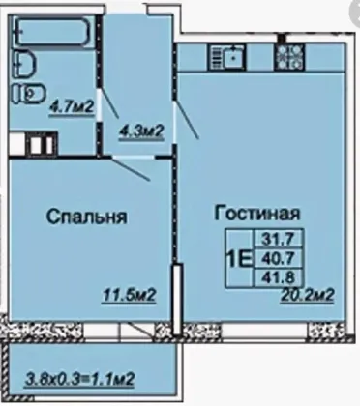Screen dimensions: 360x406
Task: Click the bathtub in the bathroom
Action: (x=54, y=32)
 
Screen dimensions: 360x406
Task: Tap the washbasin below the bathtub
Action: (x=24, y=64)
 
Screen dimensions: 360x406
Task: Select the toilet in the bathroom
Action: (x=29, y=94)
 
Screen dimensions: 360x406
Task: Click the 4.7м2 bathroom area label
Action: (x=72, y=106)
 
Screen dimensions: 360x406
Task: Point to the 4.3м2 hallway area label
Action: (x=141, y=131)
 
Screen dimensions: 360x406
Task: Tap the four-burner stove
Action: (x=289, y=57)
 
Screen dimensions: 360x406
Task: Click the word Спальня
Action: (x=87, y=217)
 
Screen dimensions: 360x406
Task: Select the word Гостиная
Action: (x=257, y=214)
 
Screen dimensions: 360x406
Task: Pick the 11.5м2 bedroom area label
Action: (x=130, y=295)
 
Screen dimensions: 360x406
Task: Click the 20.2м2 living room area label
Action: (x=307, y=295)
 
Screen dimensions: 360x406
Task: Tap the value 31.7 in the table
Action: (x=279, y=239)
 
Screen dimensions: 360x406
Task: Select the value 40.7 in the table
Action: (x=279, y=258)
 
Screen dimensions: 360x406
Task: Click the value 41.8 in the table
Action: (x=279, y=276)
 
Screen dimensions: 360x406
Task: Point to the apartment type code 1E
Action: (x=239, y=259)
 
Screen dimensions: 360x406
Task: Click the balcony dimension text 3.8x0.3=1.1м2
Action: (x=79, y=379)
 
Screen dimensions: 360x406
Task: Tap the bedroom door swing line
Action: (x=132, y=169)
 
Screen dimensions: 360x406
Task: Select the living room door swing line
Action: (x=187, y=121)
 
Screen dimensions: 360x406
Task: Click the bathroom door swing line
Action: (x=109, y=103)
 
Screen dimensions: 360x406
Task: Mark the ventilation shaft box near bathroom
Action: (x=43, y=144)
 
